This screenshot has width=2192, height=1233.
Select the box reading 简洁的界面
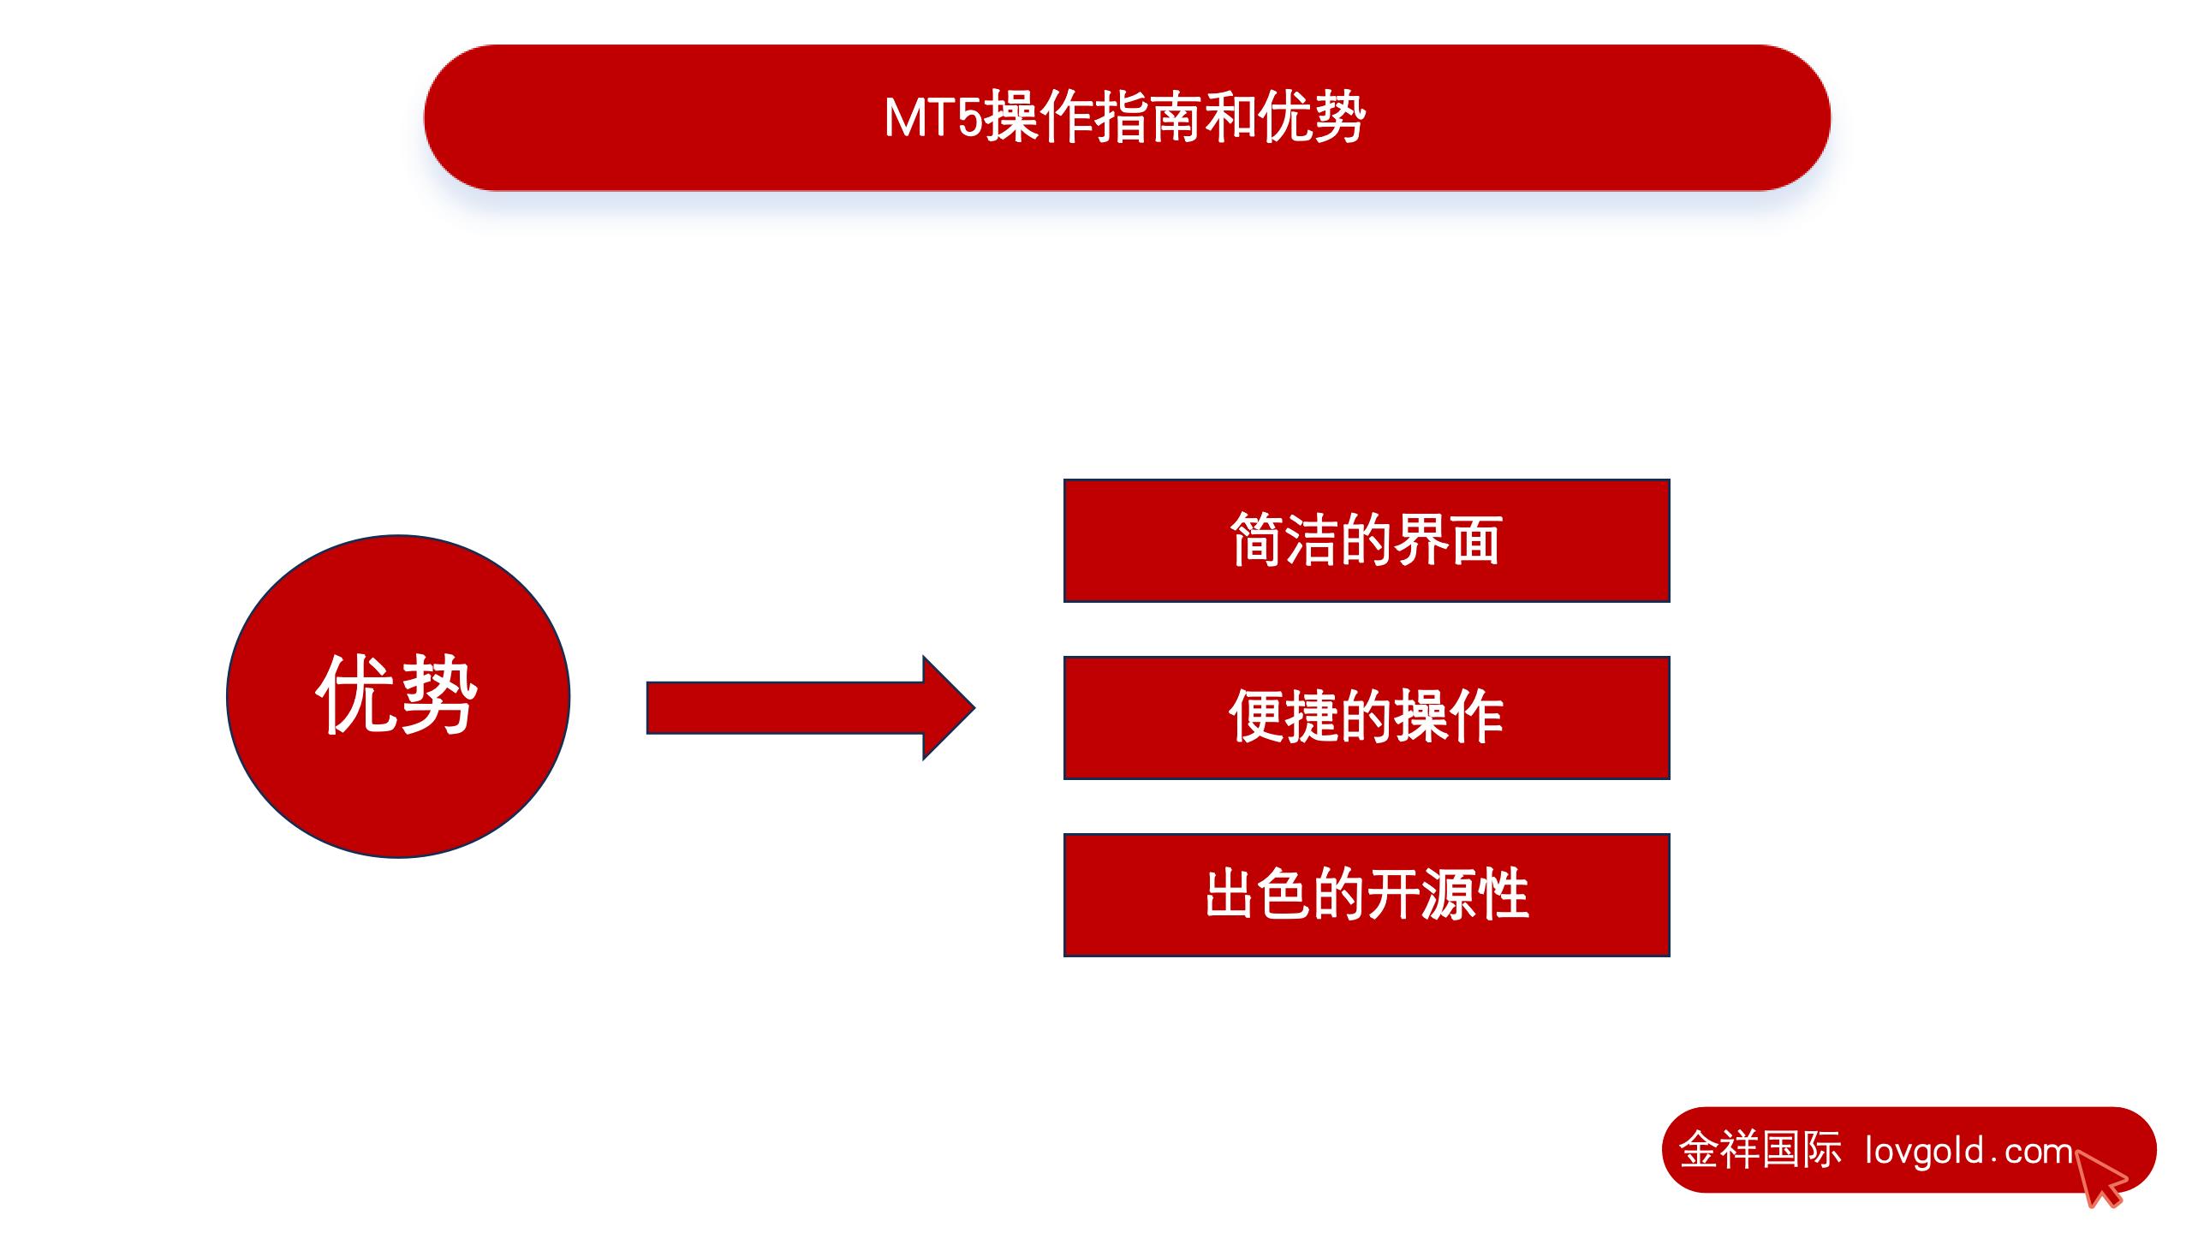pyautogui.click(x=1367, y=540)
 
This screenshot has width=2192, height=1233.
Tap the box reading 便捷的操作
pyautogui.click(x=1367, y=718)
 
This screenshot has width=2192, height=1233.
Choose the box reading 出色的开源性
pyautogui.click(x=1367, y=895)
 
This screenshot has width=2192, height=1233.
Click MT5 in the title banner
pyautogui.click(x=933, y=118)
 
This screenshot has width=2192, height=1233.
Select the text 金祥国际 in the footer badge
pyautogui.click(x=1760, y=1150)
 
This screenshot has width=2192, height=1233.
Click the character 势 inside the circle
pyautogui.click(x=438, y=695)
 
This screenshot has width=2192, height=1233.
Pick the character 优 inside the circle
pyautogui.click(x=356, y=695)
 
